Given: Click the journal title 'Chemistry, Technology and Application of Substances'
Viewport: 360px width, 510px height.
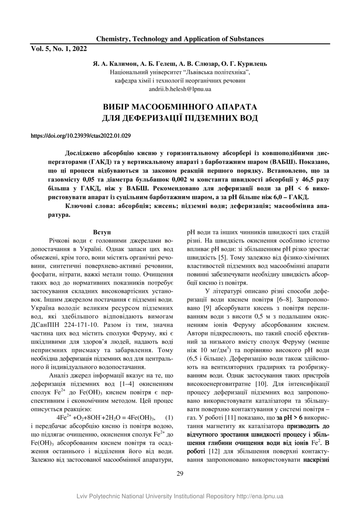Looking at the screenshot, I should tap(180, 39).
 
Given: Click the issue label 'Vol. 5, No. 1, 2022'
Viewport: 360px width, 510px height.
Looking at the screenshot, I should tap(59, 49).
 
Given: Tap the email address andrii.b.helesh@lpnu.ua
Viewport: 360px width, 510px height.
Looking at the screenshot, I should tap(180, 88).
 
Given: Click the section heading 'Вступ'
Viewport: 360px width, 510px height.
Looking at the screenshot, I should tap(102, 233).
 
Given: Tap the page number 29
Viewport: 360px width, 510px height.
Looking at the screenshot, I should tap(180, 473).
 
